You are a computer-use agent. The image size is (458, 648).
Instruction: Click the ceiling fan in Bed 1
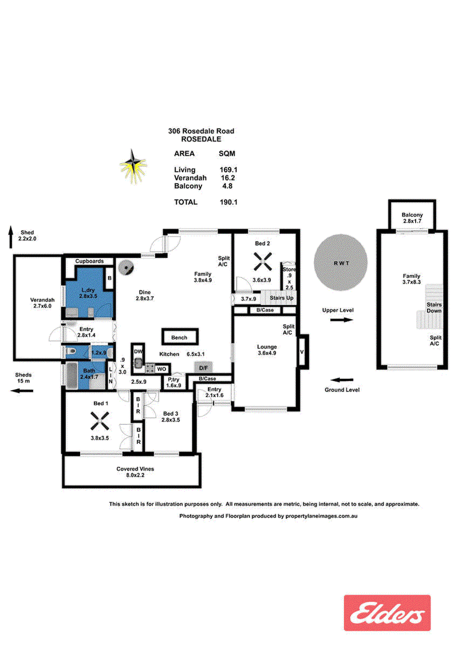(101, 423)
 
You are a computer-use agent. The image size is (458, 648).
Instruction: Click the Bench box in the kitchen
(179, 337)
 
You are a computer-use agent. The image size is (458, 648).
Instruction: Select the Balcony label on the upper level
(412, 215)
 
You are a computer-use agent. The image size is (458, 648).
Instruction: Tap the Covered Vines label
(135, 469)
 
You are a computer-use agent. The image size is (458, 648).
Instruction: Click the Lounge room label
(267, 347)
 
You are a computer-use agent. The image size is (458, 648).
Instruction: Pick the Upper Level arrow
(339, 320)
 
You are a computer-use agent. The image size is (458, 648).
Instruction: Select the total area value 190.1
(228, 202)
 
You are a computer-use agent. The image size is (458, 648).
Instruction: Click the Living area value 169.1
(228, 170)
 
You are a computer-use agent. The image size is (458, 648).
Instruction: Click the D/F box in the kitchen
(203, 367)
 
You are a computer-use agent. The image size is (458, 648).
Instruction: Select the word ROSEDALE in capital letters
(200, 139)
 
